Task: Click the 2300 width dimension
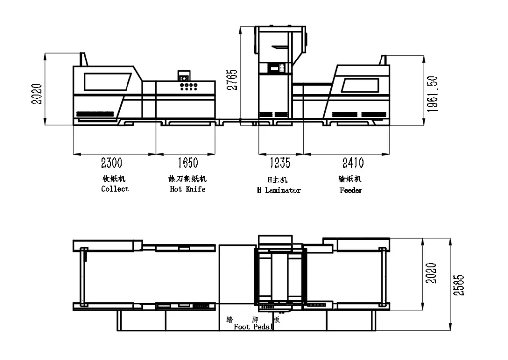112,163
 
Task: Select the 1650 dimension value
188,163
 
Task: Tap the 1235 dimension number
280,163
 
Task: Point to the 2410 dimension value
353,163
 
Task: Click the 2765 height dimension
232,80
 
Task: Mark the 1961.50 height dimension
432,94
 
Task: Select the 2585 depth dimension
459,285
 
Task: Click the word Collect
115,189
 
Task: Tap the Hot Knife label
188,189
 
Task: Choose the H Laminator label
279,190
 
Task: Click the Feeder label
351,190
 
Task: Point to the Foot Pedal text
254,327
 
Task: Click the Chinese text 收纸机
114,179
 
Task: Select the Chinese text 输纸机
350,179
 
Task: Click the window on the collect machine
108,82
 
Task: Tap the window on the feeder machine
360,85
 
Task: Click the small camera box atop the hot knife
184,76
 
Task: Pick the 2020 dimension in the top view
431,274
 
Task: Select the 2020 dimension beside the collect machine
36,94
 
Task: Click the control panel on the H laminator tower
276,68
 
